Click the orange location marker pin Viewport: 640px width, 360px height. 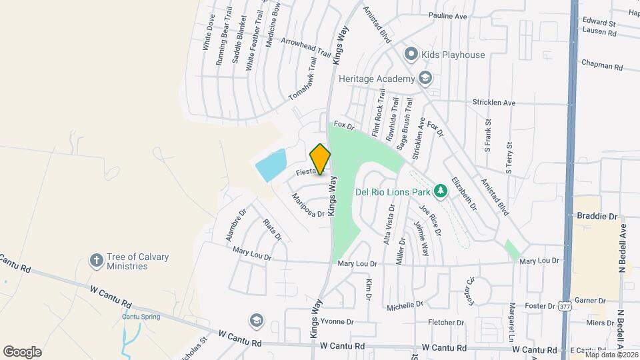point(321,159)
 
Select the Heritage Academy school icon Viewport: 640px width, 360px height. point(425,79)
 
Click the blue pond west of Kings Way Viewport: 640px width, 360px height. point(271,165)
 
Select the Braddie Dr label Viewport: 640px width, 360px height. point(595,216)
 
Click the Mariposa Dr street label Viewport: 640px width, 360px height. point(308,205)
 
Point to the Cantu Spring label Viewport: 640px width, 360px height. point(141,317)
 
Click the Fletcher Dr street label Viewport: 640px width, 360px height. point(446,322)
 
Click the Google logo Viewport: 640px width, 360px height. point(22,352)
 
